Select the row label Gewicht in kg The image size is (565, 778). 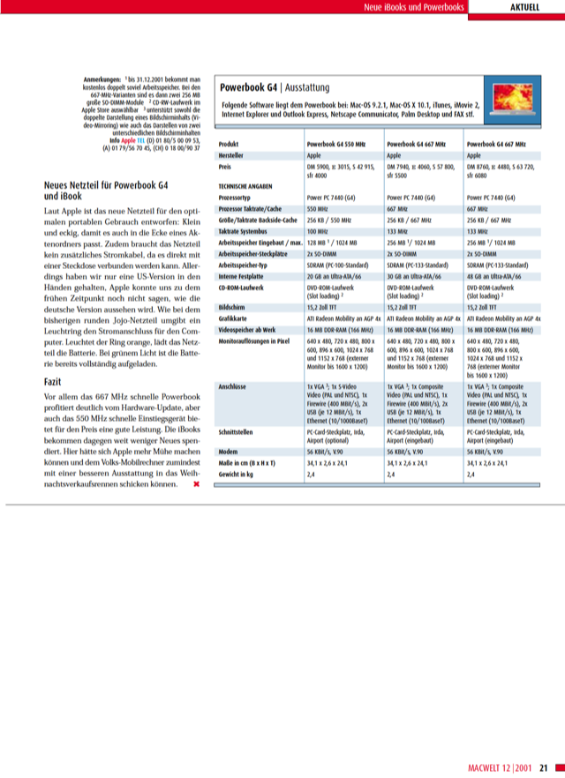[238, 474]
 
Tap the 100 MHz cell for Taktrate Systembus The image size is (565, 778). [319, 230]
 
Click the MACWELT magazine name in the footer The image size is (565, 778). [488, 767]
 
